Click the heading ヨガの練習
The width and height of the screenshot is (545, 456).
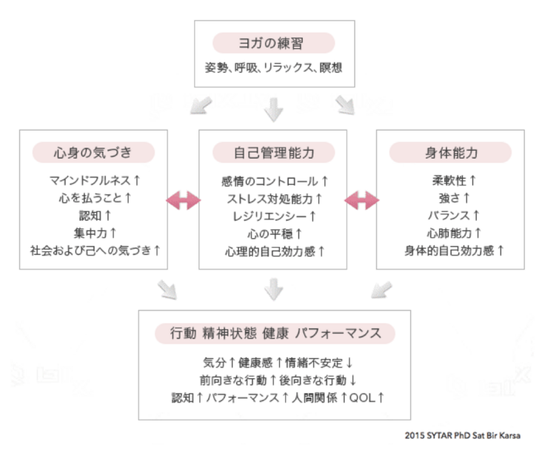coord(273,43)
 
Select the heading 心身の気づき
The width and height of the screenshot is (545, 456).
coord(93,153)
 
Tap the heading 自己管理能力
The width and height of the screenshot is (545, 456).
coord(274,153)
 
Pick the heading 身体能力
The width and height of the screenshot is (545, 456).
coord(451,153)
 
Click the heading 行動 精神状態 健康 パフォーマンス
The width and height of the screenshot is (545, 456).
coord(274,334)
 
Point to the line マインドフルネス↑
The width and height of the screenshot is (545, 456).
coord(94,181)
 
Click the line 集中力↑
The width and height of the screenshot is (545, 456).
coord(94,233)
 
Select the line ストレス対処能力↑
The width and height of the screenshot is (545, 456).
coord(274,199)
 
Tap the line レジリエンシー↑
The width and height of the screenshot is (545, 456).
coord(274,216)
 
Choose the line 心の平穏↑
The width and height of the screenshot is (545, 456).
coord(274,234)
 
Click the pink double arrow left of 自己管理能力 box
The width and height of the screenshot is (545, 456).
coord(183,199)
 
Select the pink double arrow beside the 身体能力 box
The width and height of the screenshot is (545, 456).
coord(362,199)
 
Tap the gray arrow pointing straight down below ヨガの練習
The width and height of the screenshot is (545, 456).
coord(274,109)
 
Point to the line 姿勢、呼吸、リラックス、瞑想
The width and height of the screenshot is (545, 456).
coord(274,67)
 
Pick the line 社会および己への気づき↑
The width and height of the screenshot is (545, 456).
coord(94,251)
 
